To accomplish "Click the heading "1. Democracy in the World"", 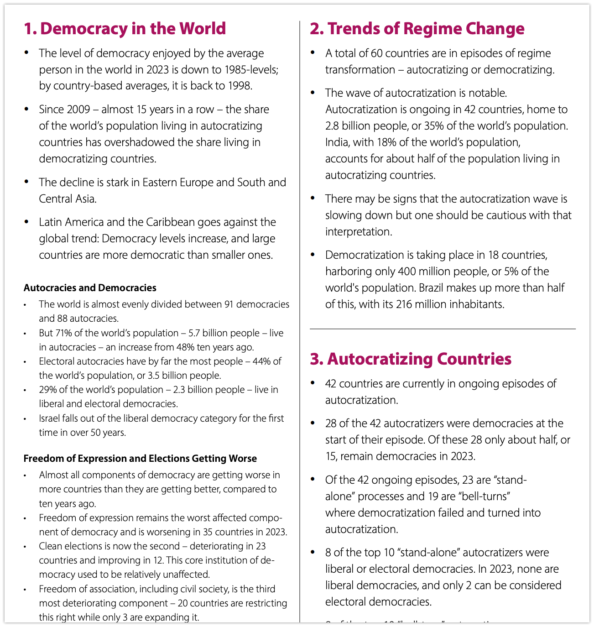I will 125,28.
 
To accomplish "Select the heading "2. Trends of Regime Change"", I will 417,28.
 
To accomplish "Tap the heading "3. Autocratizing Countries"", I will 411,359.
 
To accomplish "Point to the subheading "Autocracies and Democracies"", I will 90,287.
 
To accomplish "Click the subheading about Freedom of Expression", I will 140,458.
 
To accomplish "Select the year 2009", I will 78,109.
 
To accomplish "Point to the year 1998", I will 237,85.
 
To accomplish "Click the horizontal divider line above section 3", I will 443,329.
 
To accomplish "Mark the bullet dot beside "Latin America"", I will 27,222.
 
